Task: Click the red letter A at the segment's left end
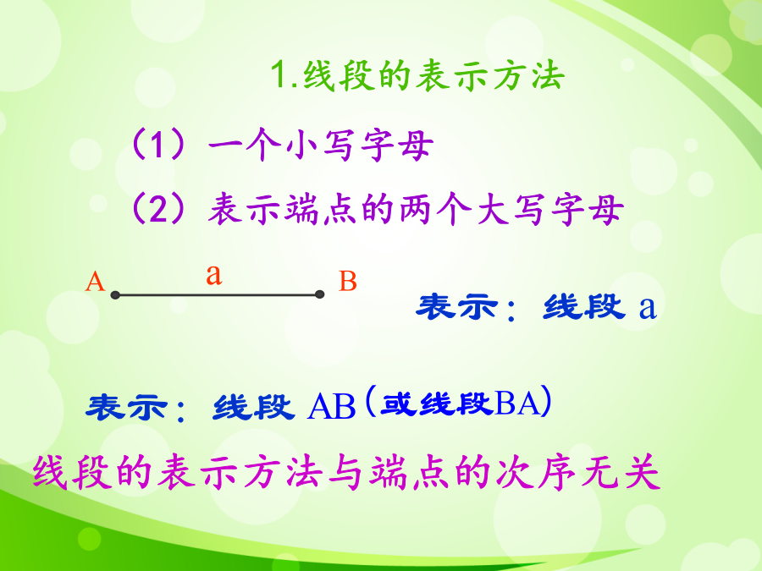click(x=95, y=282)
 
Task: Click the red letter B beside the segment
click(x=348, y=281)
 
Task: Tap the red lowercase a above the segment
click(x=214, y=274)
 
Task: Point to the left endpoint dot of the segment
click(x=115, y=294)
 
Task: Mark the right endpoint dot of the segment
click(x=320, y=294)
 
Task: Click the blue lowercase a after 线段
click(x=648, y=308)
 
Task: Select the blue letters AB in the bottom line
click(x=332, y=406)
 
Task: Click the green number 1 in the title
click(x=278, y=74)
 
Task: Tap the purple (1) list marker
click(x=158, y=145)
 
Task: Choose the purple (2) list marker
click(x=158, y=209)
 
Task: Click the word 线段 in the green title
click(x=340, y=75)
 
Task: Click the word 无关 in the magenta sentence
click(x=621, y=472)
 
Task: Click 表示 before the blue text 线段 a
click(x=457, y=307)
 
